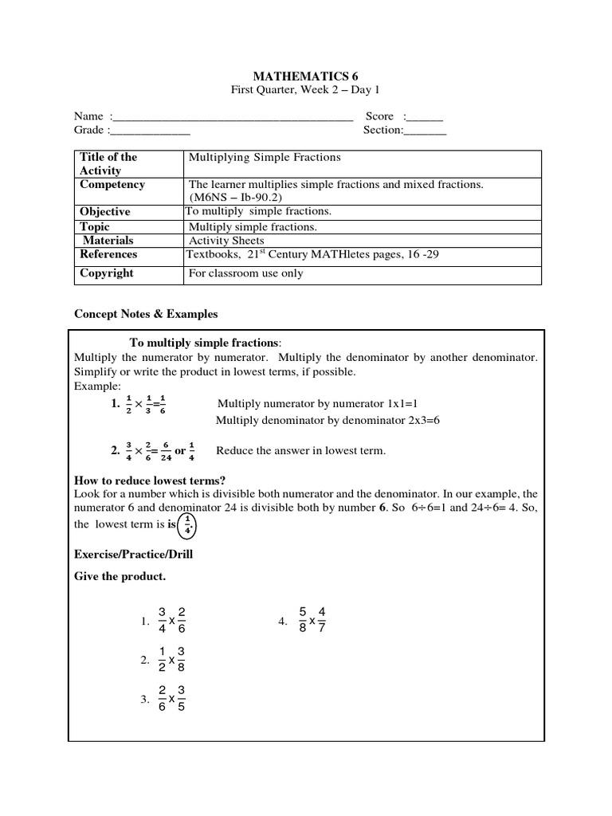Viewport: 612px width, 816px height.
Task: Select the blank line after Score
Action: [x=428, y=117]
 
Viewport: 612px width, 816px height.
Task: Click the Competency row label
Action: [x=112, y=185]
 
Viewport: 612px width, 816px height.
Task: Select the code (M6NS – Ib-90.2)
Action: [x=236, y=197]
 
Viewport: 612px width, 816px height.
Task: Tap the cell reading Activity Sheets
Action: [x=226, y=240]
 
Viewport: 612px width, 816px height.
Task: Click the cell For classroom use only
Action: [x=245, y=273]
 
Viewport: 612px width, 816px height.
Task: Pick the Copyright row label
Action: [x=107, y=273]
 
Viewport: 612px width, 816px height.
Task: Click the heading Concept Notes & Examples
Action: [x=146, y=314]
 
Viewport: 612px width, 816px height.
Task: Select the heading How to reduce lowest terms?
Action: [x=150, y=481]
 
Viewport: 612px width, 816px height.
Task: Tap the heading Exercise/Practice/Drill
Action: [x=134, y=554]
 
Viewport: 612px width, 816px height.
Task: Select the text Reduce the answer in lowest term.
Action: [x=300, y=451]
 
